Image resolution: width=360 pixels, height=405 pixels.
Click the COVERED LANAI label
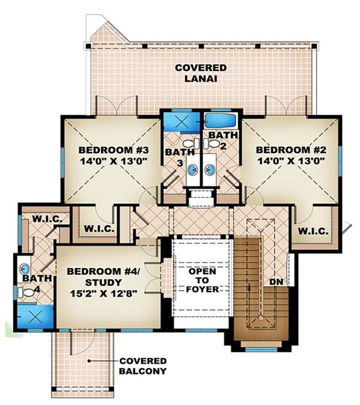pyautogui.click(x=201, y=73)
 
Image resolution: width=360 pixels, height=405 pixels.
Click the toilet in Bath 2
pyautogui.click(x=212, y=144)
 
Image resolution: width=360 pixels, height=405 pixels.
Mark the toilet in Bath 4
pyautogui.click(x=26, y=293)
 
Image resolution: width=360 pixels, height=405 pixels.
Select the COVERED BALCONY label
pyautogui.click(x=143, y=365)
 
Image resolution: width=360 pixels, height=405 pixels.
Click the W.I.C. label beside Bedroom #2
pyautogui.click(x=311, y=230)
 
